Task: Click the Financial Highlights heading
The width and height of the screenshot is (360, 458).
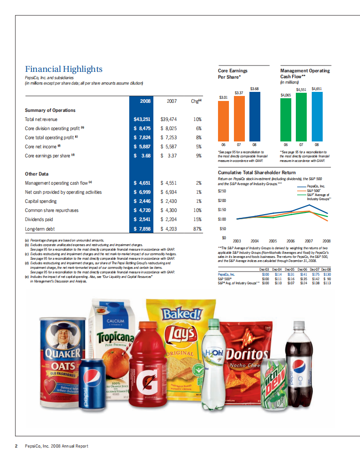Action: point(64,69)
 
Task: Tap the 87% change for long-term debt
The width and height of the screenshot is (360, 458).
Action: point(198,229)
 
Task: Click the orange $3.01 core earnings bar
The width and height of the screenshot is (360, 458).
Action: point(223,121)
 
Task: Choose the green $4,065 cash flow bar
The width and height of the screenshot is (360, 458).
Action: point(285,118)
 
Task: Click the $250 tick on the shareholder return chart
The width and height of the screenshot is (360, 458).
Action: point(222,191)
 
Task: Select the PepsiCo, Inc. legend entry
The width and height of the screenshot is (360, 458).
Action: point(316,186)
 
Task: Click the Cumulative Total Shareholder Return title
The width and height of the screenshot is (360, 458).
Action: point(257,173)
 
